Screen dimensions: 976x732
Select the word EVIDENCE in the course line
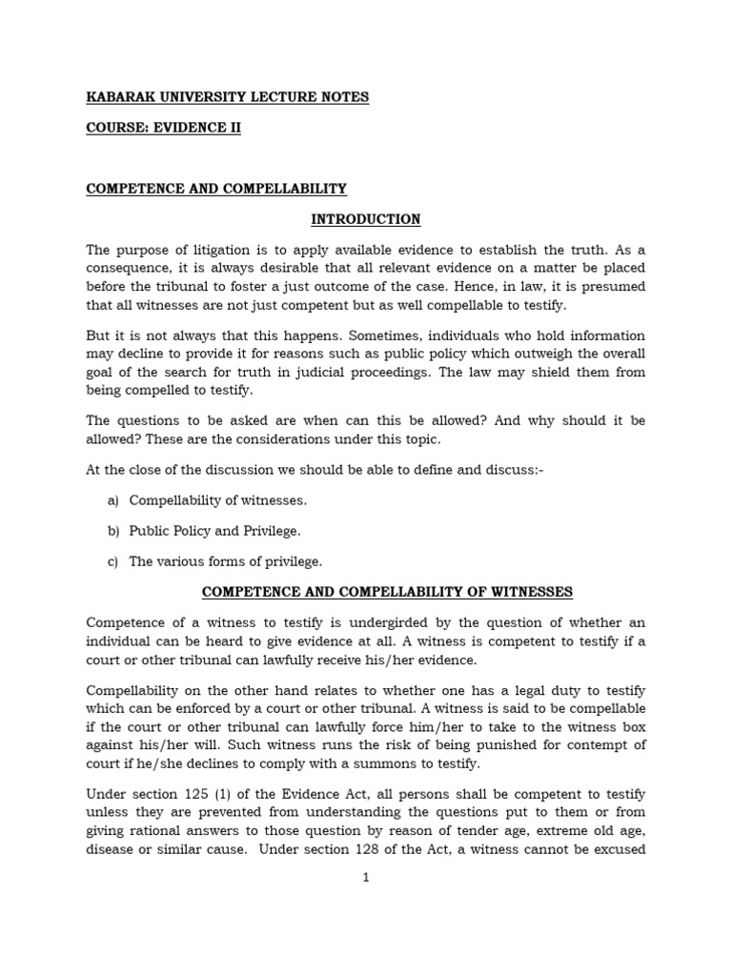pyautogui.click(x=192, y=128)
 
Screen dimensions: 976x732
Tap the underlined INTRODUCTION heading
pyautogui.click(x=366, y=219)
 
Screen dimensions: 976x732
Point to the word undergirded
pyautogui.click(x=363, y=622)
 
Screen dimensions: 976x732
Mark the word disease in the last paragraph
pyautogui.click(x=112, y=848)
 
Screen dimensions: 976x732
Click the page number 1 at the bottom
pyautogui.click(x=365, y=879)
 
